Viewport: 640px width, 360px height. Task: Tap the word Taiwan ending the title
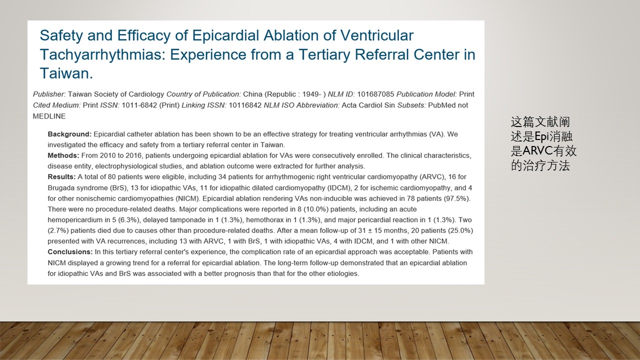(x=66, y=73)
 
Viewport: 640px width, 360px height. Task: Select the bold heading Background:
(x=69, y=134)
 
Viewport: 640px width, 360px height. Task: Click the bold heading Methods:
(x=63, y=155)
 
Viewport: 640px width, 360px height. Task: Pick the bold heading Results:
(x=61, y=177)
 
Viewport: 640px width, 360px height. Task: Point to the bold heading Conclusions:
(x=70, y=252)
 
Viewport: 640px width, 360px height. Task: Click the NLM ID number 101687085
(x=375, y=94)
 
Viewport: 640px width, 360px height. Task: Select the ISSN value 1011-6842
(x=139, y=105)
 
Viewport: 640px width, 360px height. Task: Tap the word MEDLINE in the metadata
(x=49, y=116)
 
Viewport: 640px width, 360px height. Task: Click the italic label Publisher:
(x=49, y=94)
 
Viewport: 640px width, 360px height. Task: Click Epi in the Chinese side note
(x=541, y=137)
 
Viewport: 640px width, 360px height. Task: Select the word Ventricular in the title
(x=377, y=35)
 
